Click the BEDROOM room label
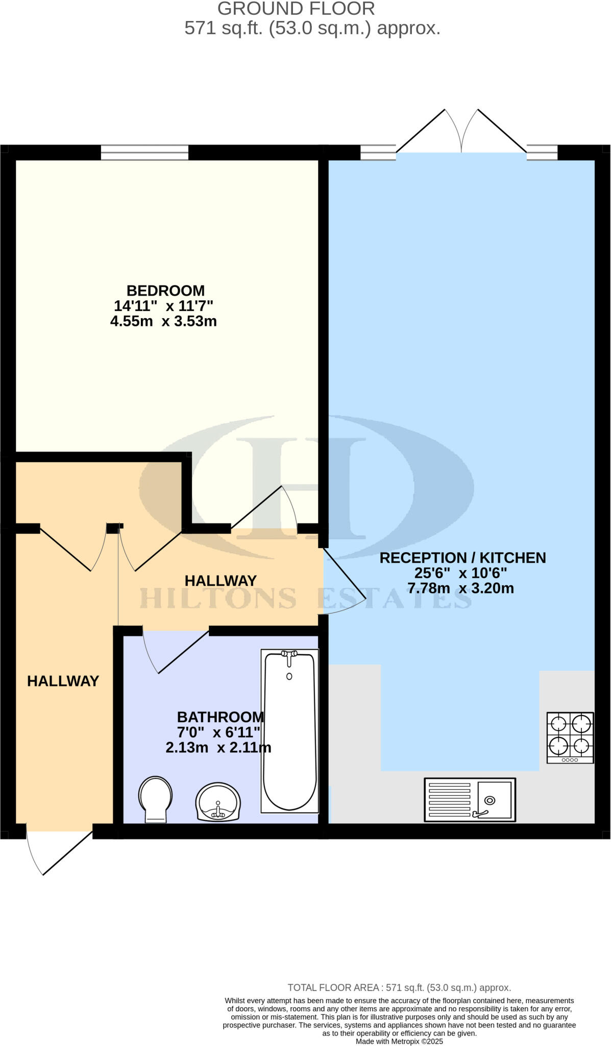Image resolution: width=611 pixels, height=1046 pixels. click(x=165, y=291)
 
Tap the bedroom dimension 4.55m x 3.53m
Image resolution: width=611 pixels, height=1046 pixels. click(x=163, y=321)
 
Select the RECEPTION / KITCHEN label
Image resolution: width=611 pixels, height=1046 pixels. click(x=462, y=558)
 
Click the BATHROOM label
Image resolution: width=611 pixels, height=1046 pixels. click(x=220, y=717)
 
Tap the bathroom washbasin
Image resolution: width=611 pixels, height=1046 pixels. click(x=218, y=802)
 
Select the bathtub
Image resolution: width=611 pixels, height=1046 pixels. click(x=289, y=731)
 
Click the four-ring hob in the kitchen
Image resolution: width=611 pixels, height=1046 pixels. click(x=570, y=738)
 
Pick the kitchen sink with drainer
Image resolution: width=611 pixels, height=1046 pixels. click(x=470, y=799)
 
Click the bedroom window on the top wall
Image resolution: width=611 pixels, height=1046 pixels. click(x=144, y=152)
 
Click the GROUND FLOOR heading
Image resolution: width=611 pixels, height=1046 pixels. click(x=296, y=9)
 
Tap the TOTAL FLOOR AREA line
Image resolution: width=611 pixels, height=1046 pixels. click(x=399, y=988)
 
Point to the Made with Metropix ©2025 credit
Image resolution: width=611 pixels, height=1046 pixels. click(x=399, y=1041)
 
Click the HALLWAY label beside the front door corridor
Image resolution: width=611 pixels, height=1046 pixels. click(x=63, y=681)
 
